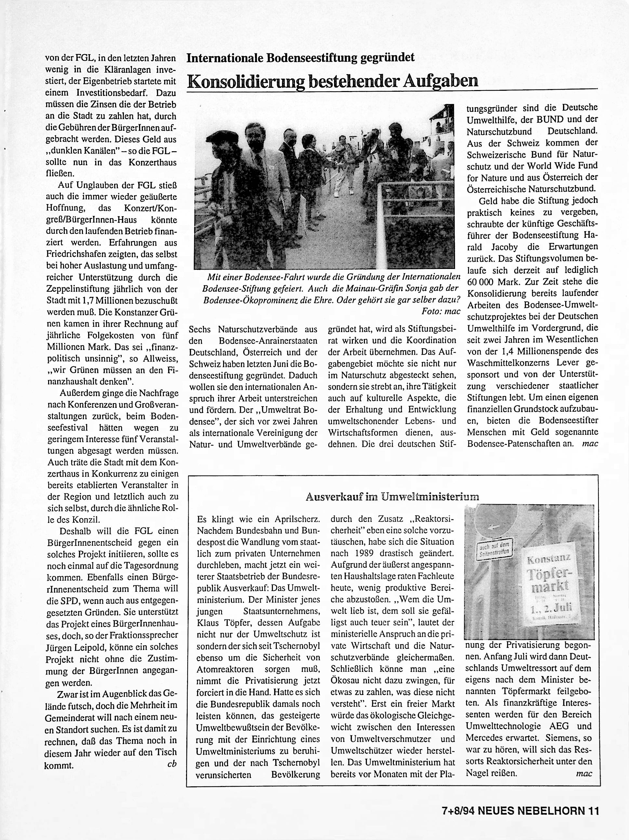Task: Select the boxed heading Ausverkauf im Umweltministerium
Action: [392, 496]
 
